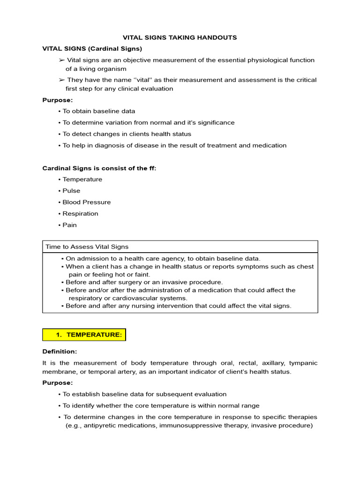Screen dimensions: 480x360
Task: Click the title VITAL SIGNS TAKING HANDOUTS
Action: point(180,37)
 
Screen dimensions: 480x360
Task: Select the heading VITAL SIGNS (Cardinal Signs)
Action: point(92,48)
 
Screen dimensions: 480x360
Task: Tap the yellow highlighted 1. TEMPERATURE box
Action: point(84,334)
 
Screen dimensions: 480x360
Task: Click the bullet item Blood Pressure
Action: point(87,202)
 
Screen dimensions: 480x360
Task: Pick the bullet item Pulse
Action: point(71,191)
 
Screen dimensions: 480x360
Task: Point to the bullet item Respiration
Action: point(80,213)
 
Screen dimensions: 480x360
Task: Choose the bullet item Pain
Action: point(69,225)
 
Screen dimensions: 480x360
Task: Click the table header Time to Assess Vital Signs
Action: point(87,247)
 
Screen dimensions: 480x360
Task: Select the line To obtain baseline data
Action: point(98,111)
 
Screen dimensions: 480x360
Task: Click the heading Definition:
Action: point(60,351)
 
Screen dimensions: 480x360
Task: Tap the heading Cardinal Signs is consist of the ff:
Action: point(99,168)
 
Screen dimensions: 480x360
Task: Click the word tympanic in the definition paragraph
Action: point(303,363)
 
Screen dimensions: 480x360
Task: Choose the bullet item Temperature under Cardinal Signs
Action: point(82,179)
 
